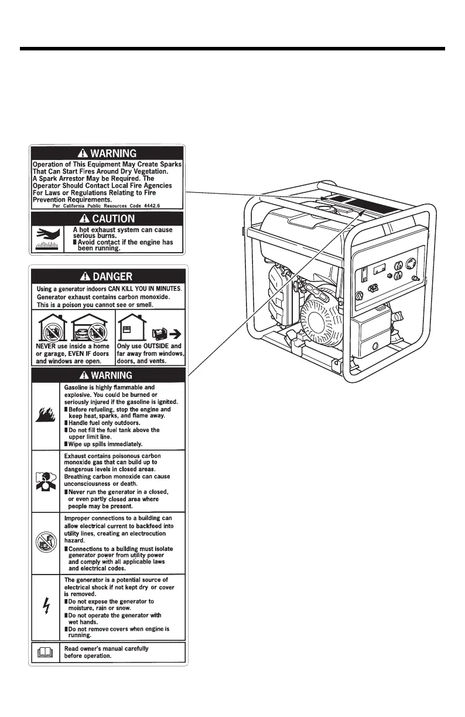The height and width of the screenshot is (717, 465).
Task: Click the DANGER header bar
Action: click(x=108, y=276)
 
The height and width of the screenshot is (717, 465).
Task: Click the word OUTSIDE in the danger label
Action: click(x=146, y=346)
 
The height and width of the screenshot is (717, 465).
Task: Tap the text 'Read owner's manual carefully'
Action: click(x=106, y=648)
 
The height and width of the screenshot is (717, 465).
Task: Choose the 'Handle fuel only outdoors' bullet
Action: click(x=104, y=423)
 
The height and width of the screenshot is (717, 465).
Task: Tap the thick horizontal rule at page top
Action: click(x=232, y=49)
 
